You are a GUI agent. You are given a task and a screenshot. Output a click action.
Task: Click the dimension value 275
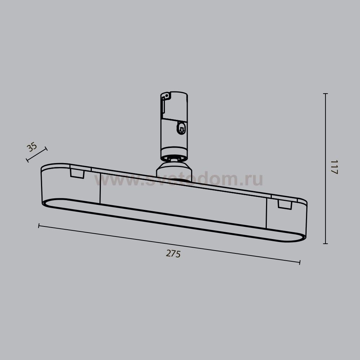[x=173, y=254]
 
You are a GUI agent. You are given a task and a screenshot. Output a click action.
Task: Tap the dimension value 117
[x=334, y=167]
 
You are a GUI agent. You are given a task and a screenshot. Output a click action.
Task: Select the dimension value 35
[x=32, y=147]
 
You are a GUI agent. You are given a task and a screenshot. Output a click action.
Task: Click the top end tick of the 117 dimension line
[x=325, y=94]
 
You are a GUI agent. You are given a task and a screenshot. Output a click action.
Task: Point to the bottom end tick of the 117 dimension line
[x=325, y=244]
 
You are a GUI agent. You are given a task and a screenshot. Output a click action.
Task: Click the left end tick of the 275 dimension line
[x=39, y=226]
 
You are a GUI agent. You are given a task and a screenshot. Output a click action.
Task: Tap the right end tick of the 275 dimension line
[x=300, y=262]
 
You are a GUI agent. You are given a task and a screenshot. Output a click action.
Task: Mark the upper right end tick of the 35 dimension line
[x=46, y=149]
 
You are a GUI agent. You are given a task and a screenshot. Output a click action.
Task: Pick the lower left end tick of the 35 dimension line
[x=27, y=160]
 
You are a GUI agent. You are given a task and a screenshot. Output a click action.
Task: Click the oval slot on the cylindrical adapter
[x=181, y=128]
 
